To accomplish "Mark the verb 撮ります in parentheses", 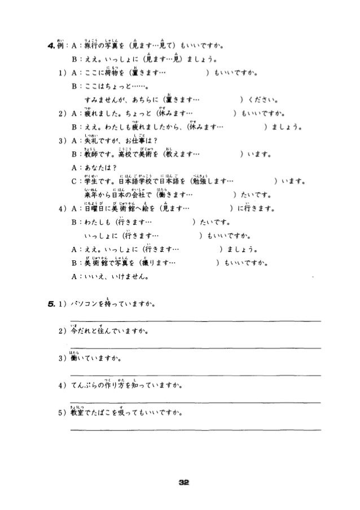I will click(161, 263).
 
